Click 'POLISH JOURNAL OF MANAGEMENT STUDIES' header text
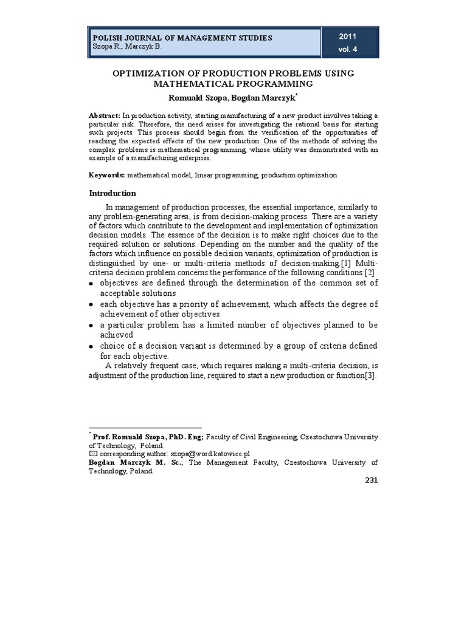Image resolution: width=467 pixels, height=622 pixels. click(181, 38)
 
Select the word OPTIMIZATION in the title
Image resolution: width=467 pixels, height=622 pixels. click(150, 73)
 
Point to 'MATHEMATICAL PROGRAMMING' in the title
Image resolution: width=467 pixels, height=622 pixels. click(233, 84)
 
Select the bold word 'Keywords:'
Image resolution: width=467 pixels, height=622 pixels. click(107, 175)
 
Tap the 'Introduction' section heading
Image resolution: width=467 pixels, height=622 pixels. click(112, 193)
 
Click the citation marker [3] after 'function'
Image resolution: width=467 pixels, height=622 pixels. click(370, 376)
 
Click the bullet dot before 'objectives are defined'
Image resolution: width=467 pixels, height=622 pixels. click(91, 284)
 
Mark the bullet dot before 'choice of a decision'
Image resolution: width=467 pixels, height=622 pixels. click(91, 347)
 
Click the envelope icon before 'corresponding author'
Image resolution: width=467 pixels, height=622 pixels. click(93, 453)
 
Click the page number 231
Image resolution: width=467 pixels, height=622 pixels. click(371, 480)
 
